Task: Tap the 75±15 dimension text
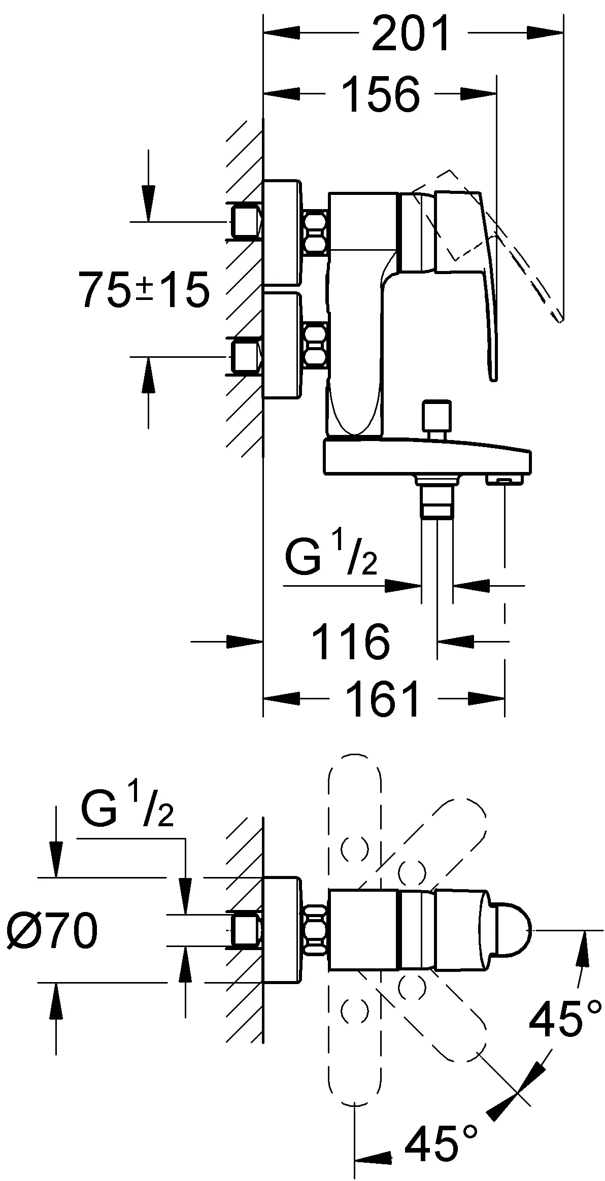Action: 144,290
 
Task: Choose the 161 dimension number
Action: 383,699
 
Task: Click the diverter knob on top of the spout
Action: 436,415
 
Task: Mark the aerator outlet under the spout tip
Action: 505,479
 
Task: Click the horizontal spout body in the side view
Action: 426,458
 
